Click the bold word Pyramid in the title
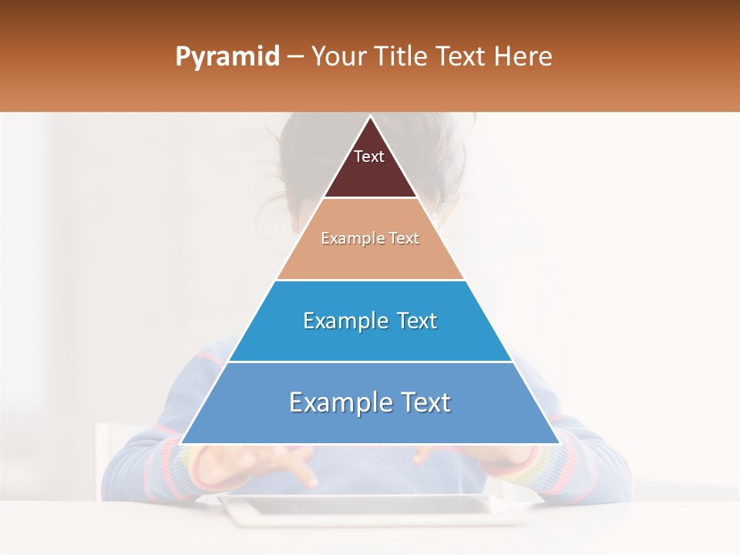227,57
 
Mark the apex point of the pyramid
370,117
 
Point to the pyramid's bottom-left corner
181,443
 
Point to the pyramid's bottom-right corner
559,443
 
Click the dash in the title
295,57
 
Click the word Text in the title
463,57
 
